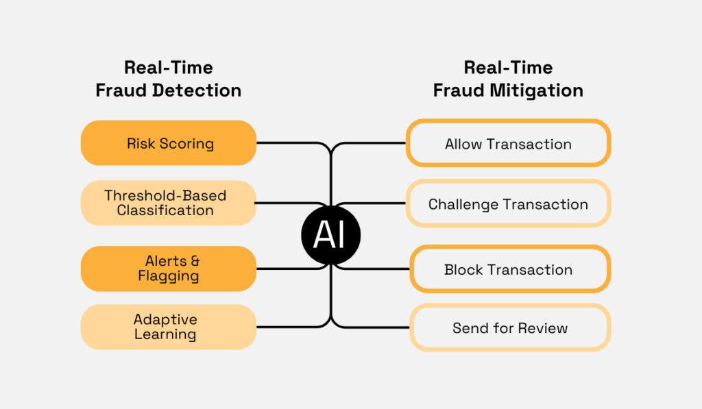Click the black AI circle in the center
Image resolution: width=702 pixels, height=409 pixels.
click(331, 236)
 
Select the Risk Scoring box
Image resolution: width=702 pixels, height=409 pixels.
click(169, 143)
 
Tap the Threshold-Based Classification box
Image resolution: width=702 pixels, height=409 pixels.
click(169, 203)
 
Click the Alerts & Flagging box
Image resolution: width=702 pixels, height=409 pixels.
click(169, 269)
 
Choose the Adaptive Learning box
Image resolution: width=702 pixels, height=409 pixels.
click(169, 327)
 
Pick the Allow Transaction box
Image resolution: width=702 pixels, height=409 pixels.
click(508, 144)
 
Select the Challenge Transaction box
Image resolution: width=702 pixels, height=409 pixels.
click(508, 203)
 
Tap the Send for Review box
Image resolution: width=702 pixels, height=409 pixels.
click(510, 327)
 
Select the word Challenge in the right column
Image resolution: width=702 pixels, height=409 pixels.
click(462, 204)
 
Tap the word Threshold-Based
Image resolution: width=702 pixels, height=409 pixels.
click(165, 195)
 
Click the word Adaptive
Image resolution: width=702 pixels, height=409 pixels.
click(165, 319)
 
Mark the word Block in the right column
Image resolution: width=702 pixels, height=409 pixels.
click(463, 269)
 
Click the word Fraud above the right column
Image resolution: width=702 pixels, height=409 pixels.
click(458, 90)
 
